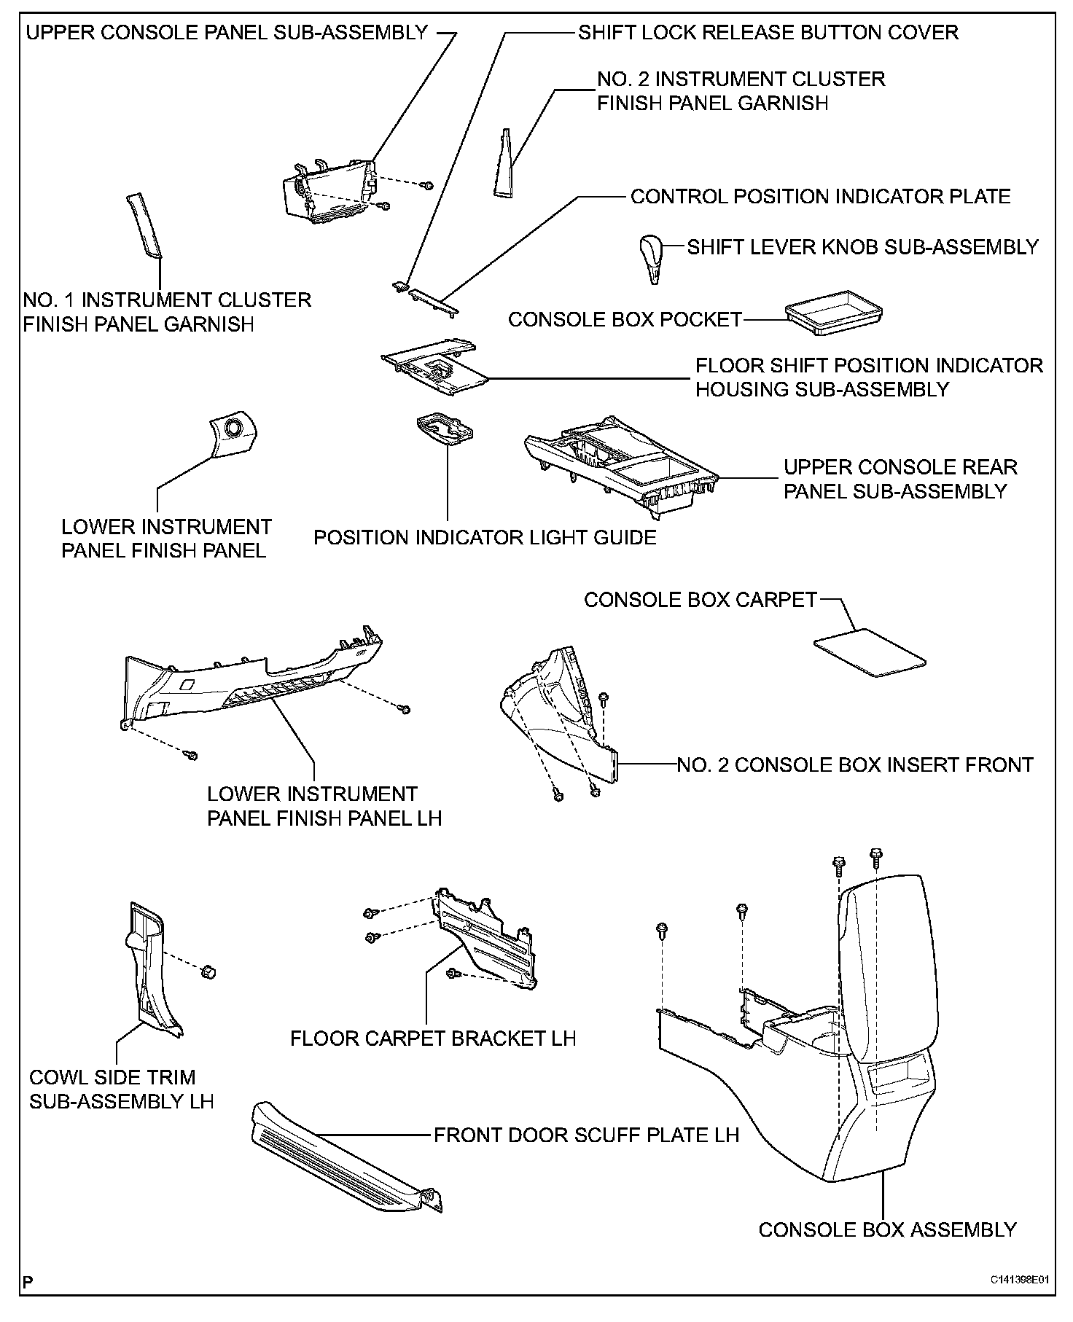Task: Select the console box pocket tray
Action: pyautogui.click(x=834, y=311)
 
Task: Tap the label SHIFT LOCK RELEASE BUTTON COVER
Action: pyautogui.click(x=768, y=33)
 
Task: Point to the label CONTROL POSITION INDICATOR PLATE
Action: pyautogui.click(x=820, y=197)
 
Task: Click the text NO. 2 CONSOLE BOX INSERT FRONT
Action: pyautogui.click(x=855, y=764)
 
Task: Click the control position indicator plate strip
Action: pyautogui.click(x=434, y=302)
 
